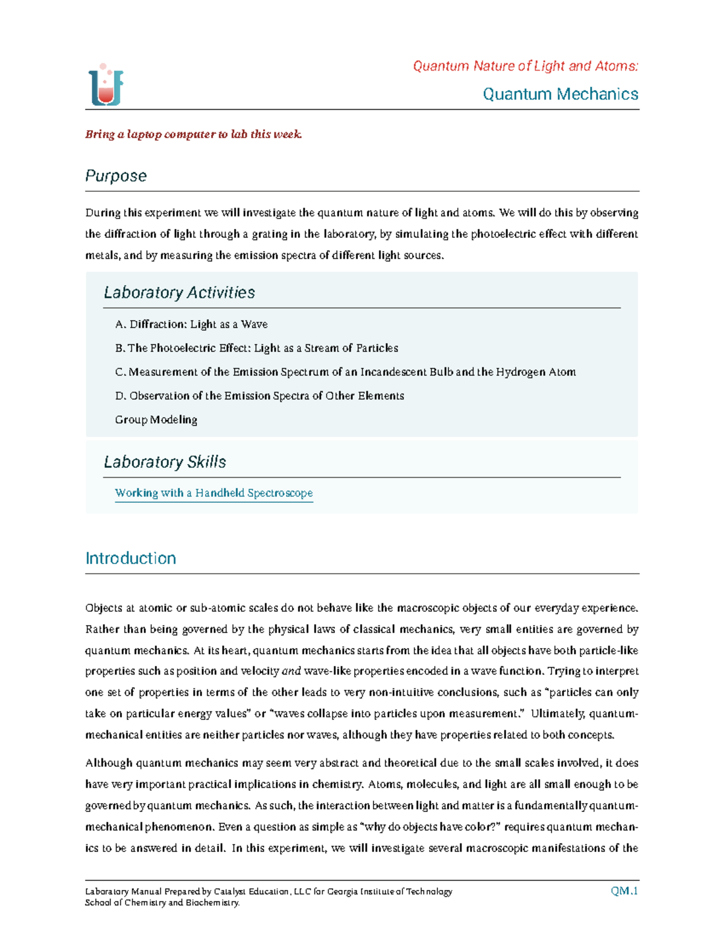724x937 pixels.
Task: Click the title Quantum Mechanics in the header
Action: [560, 94]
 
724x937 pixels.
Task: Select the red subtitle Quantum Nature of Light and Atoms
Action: [525, 66]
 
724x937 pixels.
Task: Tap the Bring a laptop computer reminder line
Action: [193, 134]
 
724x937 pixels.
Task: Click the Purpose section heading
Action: [116, 176]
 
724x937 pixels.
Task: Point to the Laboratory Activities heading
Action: [179, 293]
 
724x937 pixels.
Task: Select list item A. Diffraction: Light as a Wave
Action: [191, 324]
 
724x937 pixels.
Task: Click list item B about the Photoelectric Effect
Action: [256, 348]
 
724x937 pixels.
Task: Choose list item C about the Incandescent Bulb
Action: [345, 372]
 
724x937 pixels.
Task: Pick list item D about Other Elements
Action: [259, 396]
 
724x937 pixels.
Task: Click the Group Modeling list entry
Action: [156, 419]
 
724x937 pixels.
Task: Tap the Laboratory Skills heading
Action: [165, 462]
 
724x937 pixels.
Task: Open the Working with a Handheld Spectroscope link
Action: [214, 493]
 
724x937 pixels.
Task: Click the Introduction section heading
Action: [130, 558]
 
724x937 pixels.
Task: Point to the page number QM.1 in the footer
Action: [624, 891]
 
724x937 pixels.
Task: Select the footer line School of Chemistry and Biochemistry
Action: [162, 903]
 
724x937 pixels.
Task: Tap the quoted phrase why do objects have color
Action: [430, 827]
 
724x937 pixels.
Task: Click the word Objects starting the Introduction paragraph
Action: [104, 608]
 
